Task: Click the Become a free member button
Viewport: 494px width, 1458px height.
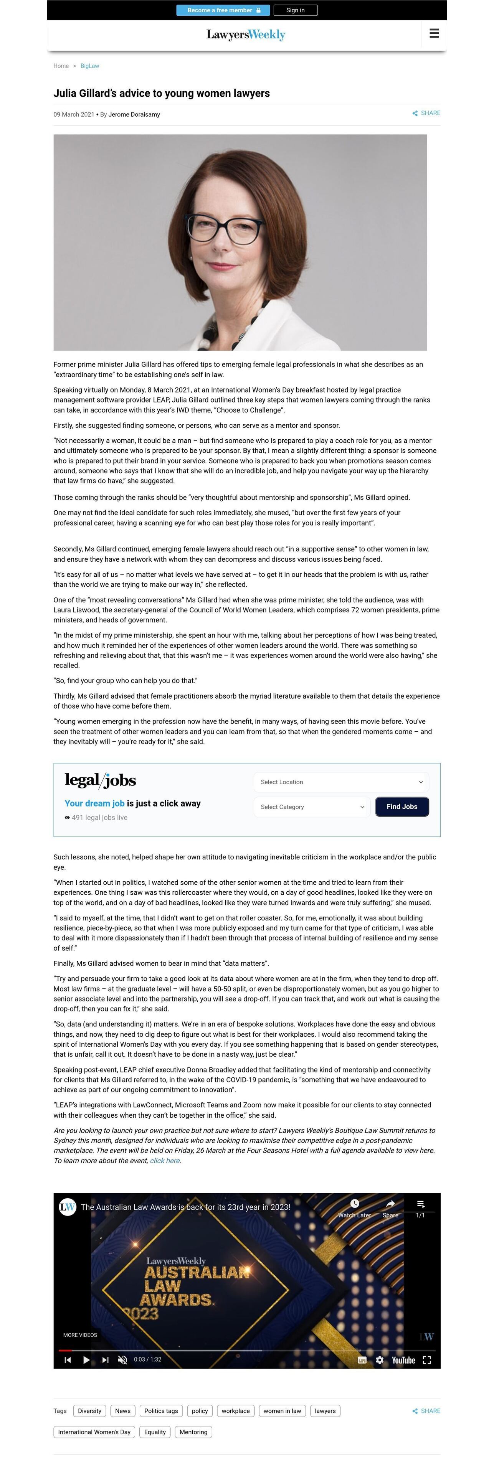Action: [x=223, y=10]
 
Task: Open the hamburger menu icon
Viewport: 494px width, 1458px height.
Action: [x=434, y=34]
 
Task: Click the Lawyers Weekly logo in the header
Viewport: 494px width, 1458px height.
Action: [x=246, y=35]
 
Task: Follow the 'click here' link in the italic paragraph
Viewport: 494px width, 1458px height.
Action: [x=165, y=1160]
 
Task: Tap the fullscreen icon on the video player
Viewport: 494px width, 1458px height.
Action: [x=427, y=1359]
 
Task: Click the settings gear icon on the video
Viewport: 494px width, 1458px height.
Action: [x=380, y=1359]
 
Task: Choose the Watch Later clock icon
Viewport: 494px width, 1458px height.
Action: [x=355, y=1203]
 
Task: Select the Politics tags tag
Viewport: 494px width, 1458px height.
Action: [x=161, y=1410]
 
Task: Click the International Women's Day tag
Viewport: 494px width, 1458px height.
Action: [x=94, y=1432]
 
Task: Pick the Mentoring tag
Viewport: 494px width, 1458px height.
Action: [x=193, y=1432]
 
